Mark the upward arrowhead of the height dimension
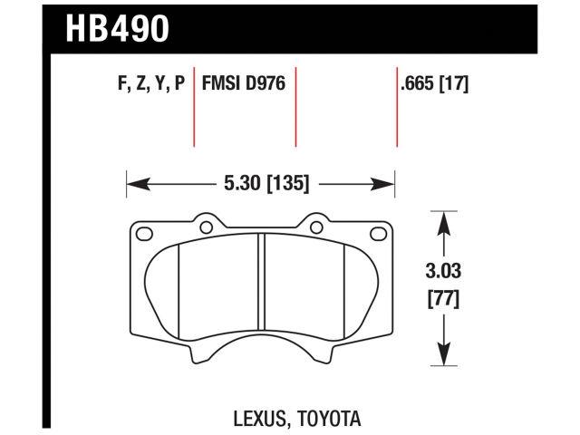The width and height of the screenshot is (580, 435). (442, 218)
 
